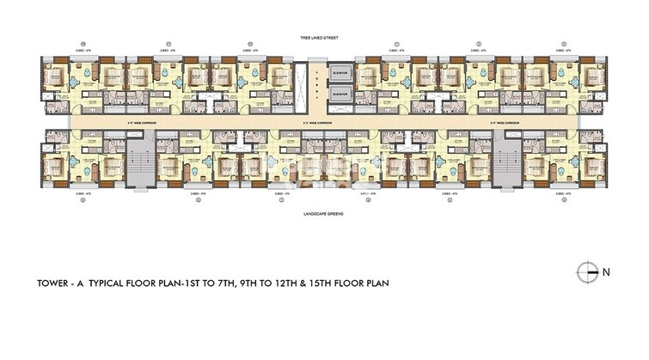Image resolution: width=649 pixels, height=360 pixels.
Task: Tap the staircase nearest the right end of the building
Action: (509, 160)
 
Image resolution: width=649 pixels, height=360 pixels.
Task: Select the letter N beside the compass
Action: (605, 272)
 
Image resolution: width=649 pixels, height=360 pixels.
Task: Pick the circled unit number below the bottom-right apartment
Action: (563, 203)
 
